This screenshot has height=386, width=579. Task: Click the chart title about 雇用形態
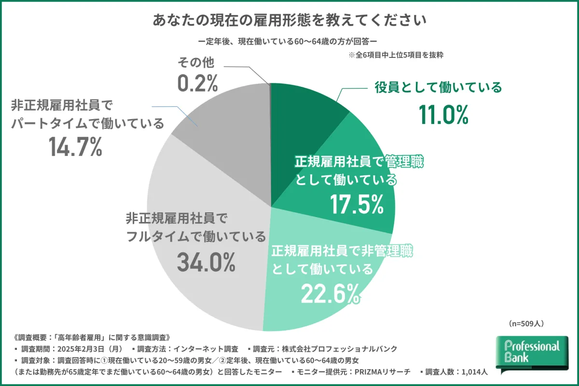(289, 21)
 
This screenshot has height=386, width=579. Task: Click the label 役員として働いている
(439, 87)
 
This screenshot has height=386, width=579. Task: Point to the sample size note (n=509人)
(526, 322)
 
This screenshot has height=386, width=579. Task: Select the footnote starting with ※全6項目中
(396, 55)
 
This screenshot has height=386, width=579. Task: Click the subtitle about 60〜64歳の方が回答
(289, 41)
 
